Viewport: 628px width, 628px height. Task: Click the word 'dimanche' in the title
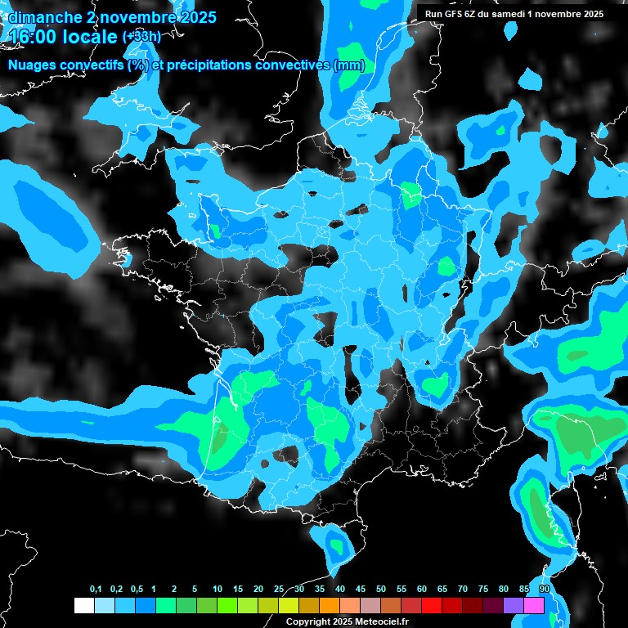[x=43, y=17]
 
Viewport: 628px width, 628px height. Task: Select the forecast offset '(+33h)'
[x=141, y=37]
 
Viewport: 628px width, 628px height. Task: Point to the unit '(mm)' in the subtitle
[x=349, y=65]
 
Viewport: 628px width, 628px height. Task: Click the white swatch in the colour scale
[x=83, y=606]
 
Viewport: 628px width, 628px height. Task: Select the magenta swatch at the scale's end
[x=534, y=606]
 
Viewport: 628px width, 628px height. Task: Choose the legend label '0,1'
[x=96, y=590]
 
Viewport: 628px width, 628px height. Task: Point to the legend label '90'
[x=544, y=590]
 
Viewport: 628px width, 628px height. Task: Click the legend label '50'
[x=381, y=590]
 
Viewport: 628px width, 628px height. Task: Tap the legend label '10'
[x=218, y=590]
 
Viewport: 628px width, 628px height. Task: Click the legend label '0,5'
[x=137, y=590]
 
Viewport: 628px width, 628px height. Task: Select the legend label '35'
[x=320, y=590]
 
